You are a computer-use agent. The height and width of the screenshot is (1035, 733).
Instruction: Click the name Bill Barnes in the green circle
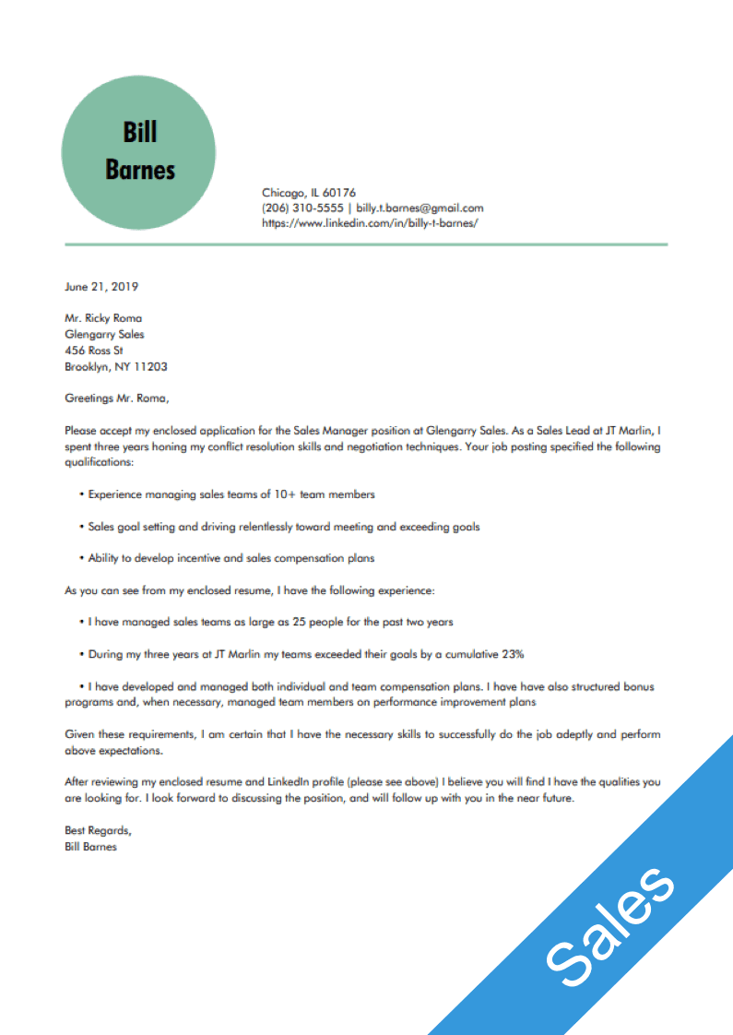139,151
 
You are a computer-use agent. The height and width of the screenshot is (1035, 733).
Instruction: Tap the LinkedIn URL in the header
370,223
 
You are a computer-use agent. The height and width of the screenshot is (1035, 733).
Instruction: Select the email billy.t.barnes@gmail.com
420,208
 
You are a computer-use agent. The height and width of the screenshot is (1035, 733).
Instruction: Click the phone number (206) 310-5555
302,208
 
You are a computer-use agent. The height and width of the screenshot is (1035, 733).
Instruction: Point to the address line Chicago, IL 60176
308,193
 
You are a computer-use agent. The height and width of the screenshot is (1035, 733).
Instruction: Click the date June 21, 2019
101,287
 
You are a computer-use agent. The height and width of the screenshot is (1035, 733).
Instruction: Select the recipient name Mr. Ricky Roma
103,318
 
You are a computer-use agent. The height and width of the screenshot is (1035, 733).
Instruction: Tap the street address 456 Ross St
94,351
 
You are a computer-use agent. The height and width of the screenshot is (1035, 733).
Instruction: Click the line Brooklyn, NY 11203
116,367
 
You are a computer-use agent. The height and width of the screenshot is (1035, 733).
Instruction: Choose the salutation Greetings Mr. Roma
117,399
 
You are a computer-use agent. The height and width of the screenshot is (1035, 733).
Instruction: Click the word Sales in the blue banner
609,923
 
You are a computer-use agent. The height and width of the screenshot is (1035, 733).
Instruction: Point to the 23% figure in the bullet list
513,654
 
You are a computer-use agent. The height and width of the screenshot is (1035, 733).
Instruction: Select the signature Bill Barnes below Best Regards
90,846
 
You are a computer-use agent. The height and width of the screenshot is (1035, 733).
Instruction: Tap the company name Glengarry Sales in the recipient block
104,334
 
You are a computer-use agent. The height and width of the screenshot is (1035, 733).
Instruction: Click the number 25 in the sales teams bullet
299,623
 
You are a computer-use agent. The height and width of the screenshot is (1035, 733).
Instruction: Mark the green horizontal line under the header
366,244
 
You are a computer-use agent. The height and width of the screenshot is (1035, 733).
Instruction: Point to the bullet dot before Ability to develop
82,558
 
